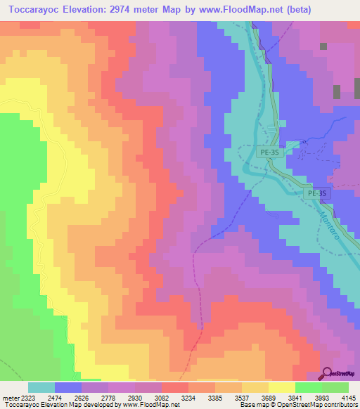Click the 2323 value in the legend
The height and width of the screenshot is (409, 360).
tap(27, 397)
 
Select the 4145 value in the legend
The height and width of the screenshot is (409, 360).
tap(347, 397)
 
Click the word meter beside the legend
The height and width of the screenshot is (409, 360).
tap(9, 397)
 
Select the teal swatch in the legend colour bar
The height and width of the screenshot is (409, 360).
tap(41, 387)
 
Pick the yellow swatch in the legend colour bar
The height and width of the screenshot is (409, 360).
tap(281, 387)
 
